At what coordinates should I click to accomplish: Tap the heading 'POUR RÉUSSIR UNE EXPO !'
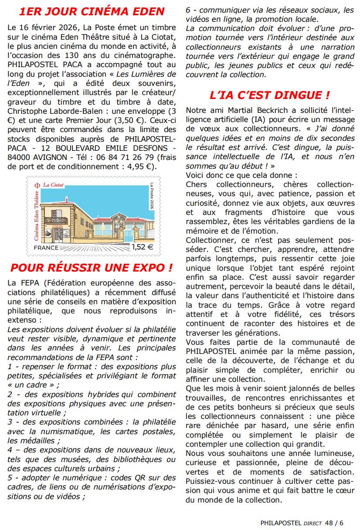(x=92, y=268)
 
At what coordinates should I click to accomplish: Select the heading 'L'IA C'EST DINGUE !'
(x=269, y=95)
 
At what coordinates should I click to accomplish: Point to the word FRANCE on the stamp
(x=46, y=248)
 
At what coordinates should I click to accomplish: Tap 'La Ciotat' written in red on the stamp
(x=54, y=185)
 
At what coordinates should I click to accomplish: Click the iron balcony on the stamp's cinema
(x=56, y=221)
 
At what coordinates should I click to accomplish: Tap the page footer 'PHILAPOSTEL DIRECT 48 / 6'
(x=302, y=523)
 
